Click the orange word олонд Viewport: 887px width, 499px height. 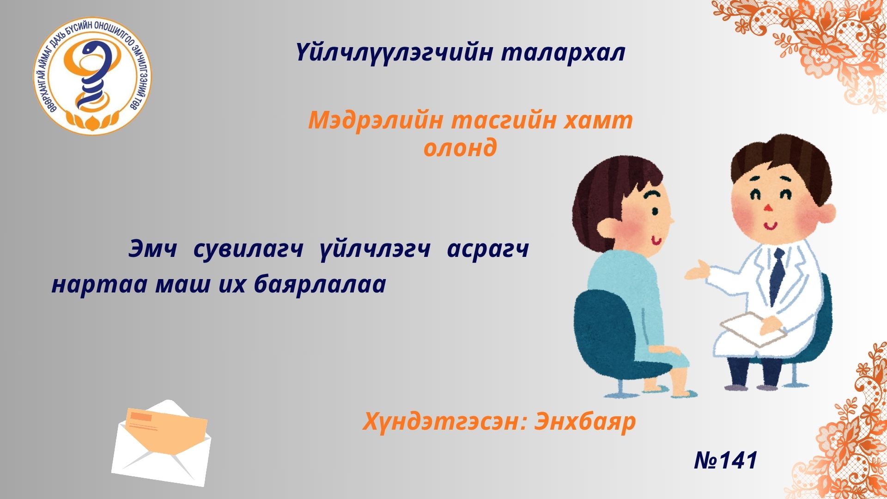460,148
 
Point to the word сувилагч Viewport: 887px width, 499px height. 248,250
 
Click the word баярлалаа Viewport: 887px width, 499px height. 320,285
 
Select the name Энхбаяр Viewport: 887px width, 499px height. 585,421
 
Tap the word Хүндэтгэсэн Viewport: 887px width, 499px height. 443,421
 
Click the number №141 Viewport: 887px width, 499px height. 725,460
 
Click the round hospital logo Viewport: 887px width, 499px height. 93,77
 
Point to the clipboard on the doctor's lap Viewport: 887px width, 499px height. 753,329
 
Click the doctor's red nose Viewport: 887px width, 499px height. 767,207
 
